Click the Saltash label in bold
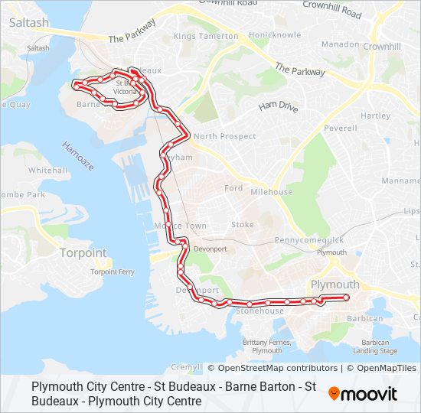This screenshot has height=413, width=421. pyautogui.click(x=29, y=23)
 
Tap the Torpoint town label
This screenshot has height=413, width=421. pyautogui.click(x=83, y=253)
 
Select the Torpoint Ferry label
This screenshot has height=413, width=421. pyautogui.click(x=113, y=272)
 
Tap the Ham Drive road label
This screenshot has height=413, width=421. pyautogui.click(x=277, y=107)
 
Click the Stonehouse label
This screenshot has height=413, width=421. pyautogui.click(x=259, y=311)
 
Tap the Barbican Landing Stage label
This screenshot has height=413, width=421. pyautogui.click(x=375, y=346)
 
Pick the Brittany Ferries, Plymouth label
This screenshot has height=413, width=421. pyautogui.click(x=263, y=346)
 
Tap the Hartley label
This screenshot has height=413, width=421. pyautogui.click(x=375, y=115)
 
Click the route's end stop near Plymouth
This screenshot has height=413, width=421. pyautogui.click(x=346, y=297)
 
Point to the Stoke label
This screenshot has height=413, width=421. pyautogui.click(x=243, y=225)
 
